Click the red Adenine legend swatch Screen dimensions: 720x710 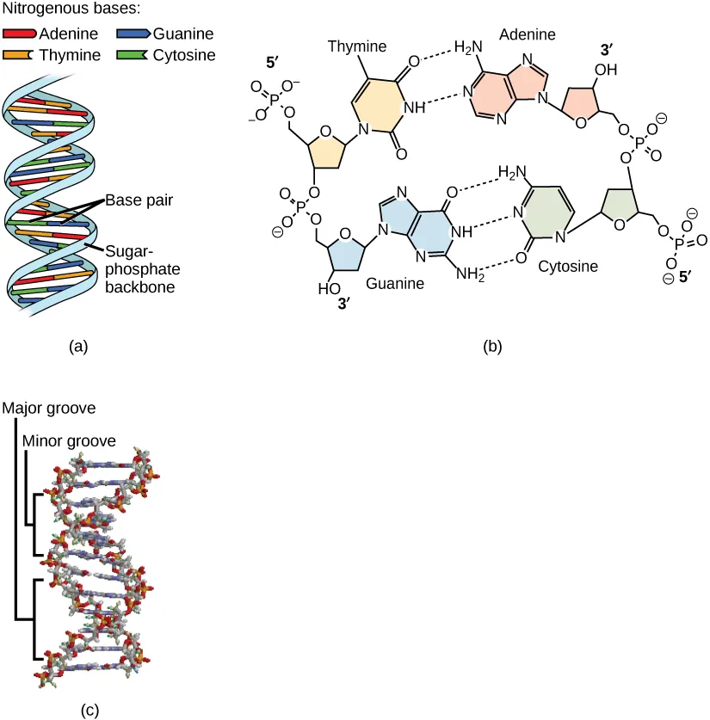(x=19, y=35)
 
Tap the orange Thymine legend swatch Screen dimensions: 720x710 (x=19, y=56)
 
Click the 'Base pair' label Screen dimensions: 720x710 (x=136, y=200)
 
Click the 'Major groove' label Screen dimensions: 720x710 (x=48, y=407)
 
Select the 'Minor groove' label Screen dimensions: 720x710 (x=69, y=440)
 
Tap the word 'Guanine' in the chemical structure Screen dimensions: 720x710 (x=397, y=281)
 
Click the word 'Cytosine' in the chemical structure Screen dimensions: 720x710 (x=566, y=268)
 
